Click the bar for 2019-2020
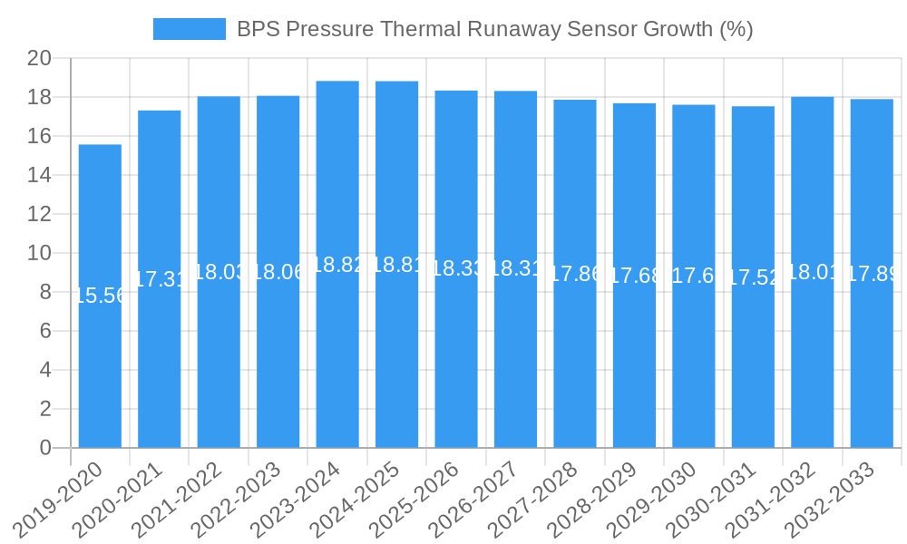click(100, 363)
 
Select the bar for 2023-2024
click(337, 363)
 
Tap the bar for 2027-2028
click(575, 363)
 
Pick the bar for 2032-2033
click(872, 363)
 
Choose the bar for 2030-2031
click(753, 363)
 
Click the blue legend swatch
click(189, 29)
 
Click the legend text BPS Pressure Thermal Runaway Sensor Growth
click(494, 29)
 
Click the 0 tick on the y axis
click(45, 448)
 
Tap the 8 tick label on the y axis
click(45, 292)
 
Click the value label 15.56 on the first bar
click(100, 296)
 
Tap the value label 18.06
click(278, 272)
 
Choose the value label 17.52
click(753, 277)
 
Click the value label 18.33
click(456, 269)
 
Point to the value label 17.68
click(634, 276)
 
